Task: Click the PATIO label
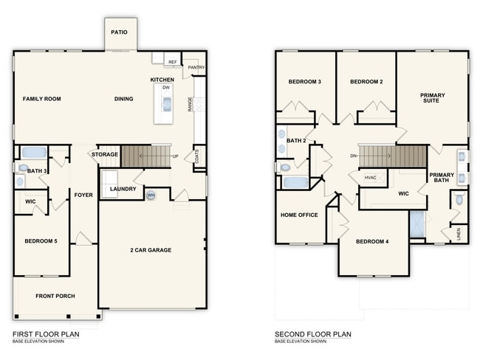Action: (119, 32)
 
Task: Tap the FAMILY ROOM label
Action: (41, 99)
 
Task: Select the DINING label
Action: (123, 99)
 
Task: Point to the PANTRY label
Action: (196, 67)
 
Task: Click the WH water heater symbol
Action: (151, 195)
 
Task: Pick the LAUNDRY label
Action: (123, 189)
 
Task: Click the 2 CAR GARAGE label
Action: (151, 250)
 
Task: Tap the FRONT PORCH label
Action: (55, 297)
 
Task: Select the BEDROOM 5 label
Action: (41, 241)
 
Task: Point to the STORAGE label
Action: (105, 154)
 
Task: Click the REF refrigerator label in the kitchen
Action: (172, 63)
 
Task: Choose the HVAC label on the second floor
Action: (371, 178)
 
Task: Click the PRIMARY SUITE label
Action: (432, 99)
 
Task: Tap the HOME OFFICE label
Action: (298, 215)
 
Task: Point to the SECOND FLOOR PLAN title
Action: (312, 334)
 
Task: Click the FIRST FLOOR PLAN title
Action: (45, 334)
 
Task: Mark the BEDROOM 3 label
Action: (304, 81)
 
